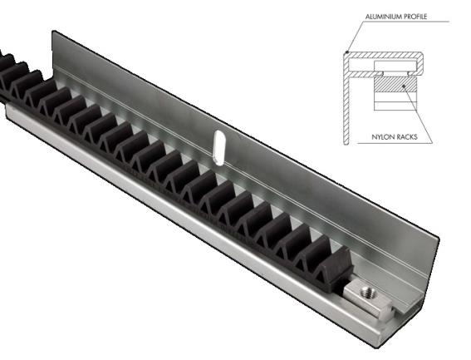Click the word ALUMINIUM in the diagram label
tap(383, 17)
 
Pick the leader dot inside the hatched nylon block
tap(404, 83)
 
